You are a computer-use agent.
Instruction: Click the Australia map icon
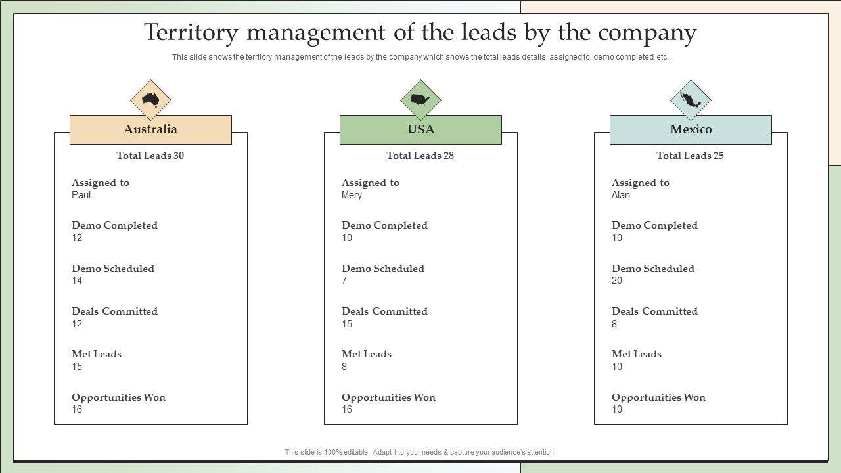150,100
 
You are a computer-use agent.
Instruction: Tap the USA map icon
420,100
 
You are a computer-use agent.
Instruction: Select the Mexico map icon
691,100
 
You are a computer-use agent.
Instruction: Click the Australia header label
150,129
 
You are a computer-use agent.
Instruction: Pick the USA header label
420,129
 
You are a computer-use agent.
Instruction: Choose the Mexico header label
691,129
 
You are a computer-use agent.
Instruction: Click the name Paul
81,195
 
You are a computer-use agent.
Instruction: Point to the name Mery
352,195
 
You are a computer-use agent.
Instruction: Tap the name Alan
621,195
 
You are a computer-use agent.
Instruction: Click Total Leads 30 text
150,156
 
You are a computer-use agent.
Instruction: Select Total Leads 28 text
420,156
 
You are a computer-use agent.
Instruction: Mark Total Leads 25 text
690,156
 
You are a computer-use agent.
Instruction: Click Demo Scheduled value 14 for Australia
77,281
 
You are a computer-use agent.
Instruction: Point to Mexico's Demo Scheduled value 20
617,281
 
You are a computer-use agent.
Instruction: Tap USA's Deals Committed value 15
347,324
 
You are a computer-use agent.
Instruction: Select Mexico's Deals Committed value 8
614,324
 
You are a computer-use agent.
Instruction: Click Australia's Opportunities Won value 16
77,409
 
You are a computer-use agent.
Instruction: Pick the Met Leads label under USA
367,354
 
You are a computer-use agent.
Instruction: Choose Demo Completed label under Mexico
654,225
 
